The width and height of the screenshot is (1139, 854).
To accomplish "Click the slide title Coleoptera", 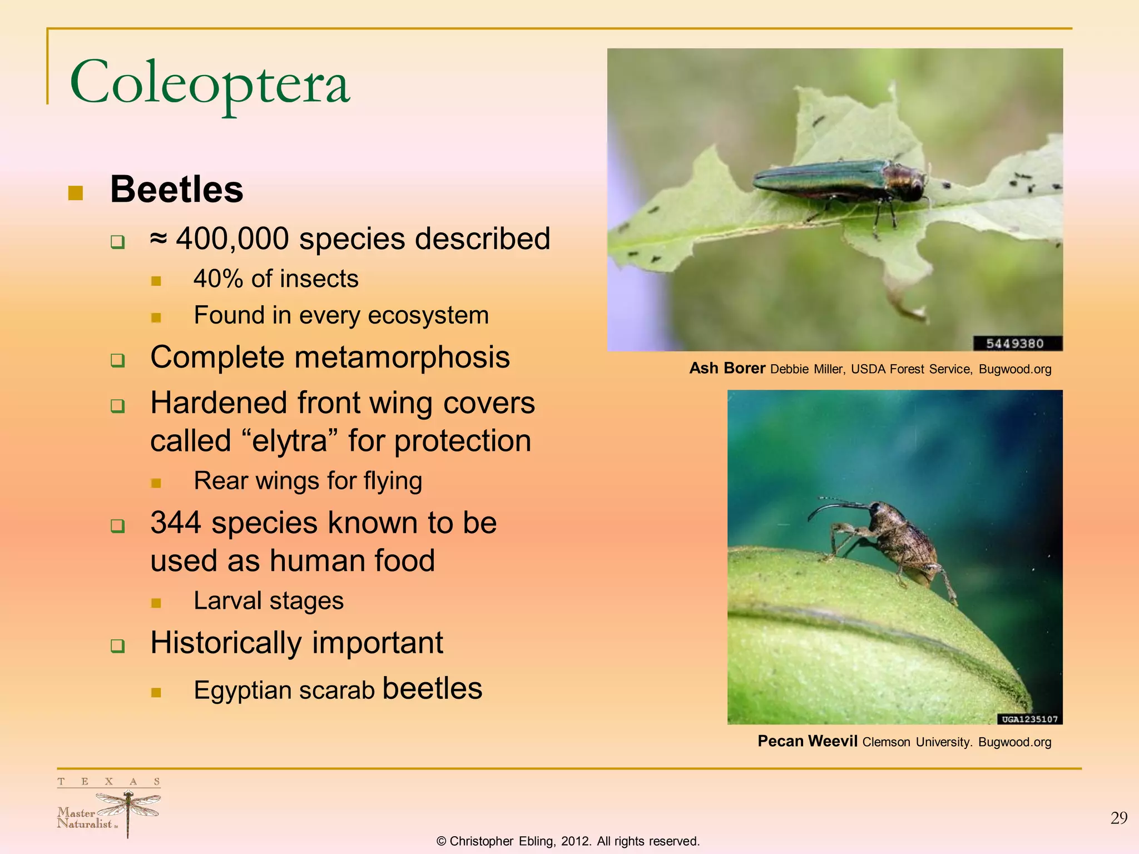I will tap(210, 83).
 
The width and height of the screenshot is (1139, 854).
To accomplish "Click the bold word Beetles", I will tap(177, 190).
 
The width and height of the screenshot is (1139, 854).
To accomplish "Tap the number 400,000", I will tap(232, 239).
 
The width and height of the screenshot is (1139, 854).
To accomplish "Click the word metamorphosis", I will tap(402, 358).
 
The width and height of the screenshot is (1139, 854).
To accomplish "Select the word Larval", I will tap(227, 601).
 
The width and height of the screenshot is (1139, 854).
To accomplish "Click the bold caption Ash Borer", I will tap(727, 369).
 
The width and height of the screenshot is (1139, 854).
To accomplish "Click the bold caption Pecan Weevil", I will tap(807, 741).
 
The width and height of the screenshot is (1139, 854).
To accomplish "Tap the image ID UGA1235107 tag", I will tap(1029, 719).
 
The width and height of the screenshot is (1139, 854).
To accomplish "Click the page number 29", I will tap(1118, 818).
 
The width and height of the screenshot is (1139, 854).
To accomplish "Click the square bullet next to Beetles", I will tap(75, 193).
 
